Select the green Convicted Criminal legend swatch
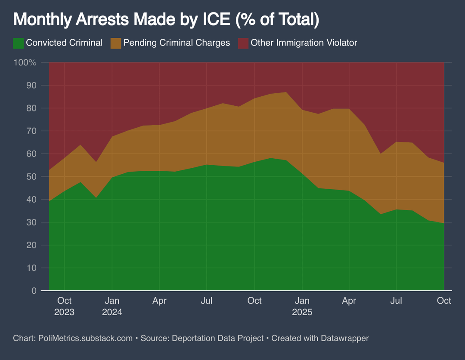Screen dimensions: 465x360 18,43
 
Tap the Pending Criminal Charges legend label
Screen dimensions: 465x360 177,43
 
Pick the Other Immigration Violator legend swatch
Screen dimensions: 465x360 243,43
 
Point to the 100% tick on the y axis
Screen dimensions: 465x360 25,62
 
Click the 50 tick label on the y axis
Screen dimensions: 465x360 31,177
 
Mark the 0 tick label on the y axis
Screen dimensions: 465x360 34,291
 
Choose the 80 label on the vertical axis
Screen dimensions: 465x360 31,108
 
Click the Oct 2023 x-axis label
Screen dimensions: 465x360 64,306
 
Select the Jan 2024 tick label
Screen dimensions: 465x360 112,306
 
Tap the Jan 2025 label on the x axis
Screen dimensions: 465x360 302,306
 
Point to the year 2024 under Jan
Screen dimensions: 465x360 112,312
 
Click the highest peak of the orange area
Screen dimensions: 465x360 286,92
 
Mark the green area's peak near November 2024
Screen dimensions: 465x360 270,158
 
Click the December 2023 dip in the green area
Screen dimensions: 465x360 96,197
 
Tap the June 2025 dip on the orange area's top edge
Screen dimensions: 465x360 381,154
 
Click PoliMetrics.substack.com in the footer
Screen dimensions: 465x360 85,338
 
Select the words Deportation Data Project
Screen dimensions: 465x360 218,338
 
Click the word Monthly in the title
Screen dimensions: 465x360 42,19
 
